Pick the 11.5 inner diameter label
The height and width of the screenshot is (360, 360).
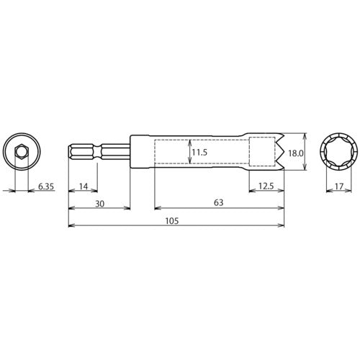tap(200, 153)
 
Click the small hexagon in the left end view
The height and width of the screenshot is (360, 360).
tap(21, 152)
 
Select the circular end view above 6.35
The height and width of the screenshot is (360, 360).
tap(21, 152)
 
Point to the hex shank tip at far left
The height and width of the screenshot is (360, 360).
tap(71, 152)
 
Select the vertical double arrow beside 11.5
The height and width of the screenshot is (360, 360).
tap(190, 152)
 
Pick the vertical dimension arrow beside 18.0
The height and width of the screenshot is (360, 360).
tap(307, 152)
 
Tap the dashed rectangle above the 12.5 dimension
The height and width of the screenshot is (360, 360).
tap(262, 152)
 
